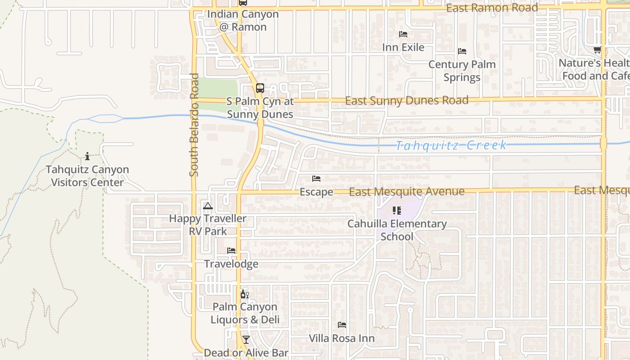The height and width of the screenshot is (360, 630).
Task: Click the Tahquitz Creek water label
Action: (451, 145)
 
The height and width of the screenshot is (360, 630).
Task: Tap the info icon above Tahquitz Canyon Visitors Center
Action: (87, 156)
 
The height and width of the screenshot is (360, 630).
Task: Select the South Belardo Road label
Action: (194, 125)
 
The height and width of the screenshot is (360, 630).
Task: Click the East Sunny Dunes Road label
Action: (407, 100)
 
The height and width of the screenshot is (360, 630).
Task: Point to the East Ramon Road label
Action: (492, 8)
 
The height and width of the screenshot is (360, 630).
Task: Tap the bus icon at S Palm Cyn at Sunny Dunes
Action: (260, 88)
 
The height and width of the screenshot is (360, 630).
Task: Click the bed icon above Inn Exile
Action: (403, 34)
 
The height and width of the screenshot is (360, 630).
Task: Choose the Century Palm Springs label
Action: (462, 71)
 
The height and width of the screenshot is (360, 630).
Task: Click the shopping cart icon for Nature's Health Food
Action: (597, 49)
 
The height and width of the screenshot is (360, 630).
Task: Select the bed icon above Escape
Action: (316, 179)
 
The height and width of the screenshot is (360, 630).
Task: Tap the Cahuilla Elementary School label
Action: (397, 230)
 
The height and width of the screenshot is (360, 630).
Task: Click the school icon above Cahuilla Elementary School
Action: (396, 210)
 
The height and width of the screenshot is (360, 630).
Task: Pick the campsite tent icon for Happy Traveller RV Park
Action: (207, 206)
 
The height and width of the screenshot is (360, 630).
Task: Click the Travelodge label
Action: (231, 264)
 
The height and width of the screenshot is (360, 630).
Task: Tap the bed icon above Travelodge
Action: (231, 250)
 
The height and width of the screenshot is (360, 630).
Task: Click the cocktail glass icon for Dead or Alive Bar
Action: (246, 339)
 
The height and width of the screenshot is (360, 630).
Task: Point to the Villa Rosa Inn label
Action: (342, 338)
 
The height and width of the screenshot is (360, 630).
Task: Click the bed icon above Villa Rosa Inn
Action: (342, 324)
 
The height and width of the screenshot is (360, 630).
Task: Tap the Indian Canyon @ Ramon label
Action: (243, 20)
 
